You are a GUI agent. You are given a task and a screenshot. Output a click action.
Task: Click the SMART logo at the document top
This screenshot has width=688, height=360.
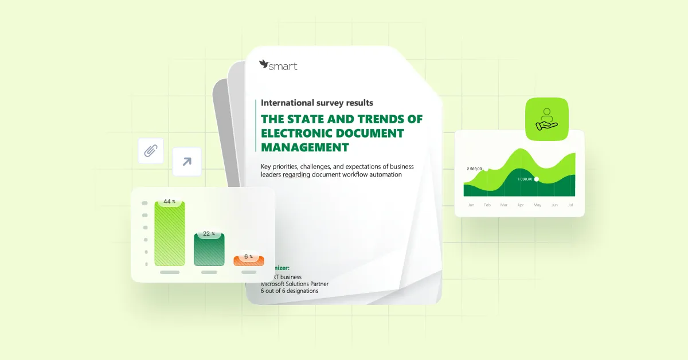coord(278,65)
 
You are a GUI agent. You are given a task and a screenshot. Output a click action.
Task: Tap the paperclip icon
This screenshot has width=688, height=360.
coord(151,151)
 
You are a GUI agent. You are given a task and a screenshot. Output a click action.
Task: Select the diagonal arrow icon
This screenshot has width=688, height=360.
coord(187,162)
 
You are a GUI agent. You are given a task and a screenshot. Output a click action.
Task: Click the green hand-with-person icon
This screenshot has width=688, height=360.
coord(546,119)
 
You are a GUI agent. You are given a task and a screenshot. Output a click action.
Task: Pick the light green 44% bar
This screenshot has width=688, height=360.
coord(170,235)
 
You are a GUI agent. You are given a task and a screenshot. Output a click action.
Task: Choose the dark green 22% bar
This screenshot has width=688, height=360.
coord(209,251)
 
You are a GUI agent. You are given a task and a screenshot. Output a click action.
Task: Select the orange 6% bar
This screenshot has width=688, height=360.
coord(248,261)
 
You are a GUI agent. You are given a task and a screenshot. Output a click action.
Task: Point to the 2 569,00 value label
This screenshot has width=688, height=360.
coord(474,169)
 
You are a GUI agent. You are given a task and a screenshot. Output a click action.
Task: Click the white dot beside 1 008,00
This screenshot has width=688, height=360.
coord(537,179)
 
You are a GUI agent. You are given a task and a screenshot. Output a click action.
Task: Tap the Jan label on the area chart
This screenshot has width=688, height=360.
coord(471,205)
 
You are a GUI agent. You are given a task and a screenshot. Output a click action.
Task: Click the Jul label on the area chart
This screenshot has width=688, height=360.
coord(570,205)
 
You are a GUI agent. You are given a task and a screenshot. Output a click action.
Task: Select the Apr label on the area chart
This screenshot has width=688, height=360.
coord(521,205)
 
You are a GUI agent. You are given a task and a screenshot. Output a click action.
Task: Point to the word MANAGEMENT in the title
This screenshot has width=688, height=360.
coord(304,147)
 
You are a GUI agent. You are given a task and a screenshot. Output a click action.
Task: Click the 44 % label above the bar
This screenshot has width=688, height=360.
coord(169,202)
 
